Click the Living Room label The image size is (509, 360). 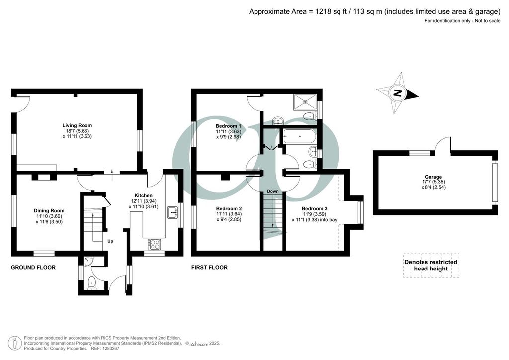[x=77, y=125]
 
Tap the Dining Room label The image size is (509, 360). [x=49, y=211]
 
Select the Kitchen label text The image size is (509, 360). [x=144, y=196]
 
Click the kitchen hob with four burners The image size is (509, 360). [x=154, y=244]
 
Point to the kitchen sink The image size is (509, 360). [x=172, y=213]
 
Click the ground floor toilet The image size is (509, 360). [x=92, y=283]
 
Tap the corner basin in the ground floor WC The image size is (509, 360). [x=87, y=261]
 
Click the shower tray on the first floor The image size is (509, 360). [x=305, y=101]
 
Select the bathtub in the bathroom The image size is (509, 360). [x=299, y=137]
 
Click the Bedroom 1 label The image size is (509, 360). [x=228, y=126]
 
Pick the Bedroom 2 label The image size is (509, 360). [x=229, y=209]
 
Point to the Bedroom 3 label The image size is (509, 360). [x=314, y=209]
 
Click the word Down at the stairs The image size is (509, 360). [x=273, y=191]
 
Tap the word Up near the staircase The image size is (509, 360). [x=110, y=241]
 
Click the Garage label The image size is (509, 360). [x=433, y=177]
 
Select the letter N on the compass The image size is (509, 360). [x=397, y=93]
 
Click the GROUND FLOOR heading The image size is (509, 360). [x=33, y=267]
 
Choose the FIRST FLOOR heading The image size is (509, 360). [x=209, y=267]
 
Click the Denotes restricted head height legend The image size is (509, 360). [x=431, y=265]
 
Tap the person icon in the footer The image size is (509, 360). [x=15, y=343]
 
